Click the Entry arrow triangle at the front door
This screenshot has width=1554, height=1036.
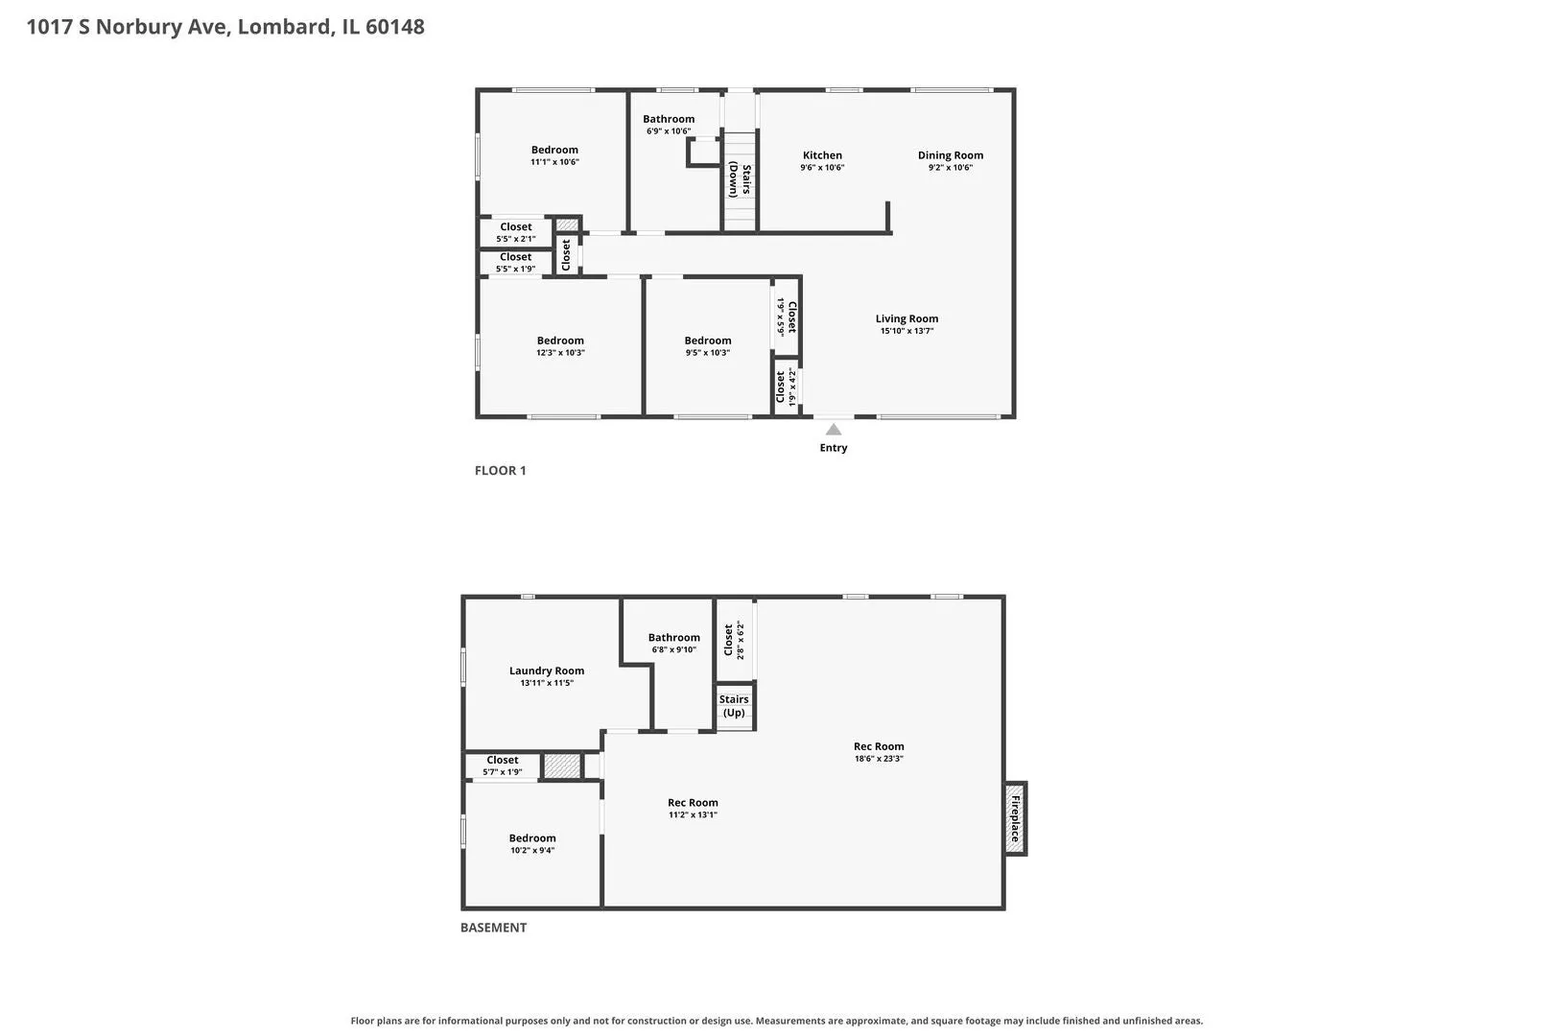click(x=834, y=430)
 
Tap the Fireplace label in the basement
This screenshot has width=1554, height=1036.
click(x=1015, y=819)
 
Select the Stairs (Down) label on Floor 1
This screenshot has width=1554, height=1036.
click(x=740, y=179)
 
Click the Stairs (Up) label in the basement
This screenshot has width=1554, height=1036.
click(x=734, y=706)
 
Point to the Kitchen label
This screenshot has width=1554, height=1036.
click(x=822, y=155)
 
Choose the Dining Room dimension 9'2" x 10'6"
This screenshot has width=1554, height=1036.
click(x=951, y=167)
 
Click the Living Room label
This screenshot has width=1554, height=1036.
click(x=906, y=318)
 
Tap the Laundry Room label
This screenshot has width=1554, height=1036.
click(x=547, y=671)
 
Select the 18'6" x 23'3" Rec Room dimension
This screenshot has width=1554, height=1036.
click(x=879, y=759)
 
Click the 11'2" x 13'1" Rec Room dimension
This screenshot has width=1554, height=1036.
click(x=693, y=814)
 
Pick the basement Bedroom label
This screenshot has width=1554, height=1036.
click(x=532, y=838)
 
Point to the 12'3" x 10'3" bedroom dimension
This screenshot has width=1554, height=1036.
click(x=560, y=352)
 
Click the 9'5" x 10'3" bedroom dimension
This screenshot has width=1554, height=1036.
click(x=708, y=352)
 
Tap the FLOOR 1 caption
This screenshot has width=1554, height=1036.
click(x=500, y=470)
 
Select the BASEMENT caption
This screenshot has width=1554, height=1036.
click(x=493, y=928)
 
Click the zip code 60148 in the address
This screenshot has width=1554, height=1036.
click(x=395, y=26)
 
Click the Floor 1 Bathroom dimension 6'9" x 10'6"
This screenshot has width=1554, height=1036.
click(x=669, y=131)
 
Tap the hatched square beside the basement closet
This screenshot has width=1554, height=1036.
click(x=561, y=766)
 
